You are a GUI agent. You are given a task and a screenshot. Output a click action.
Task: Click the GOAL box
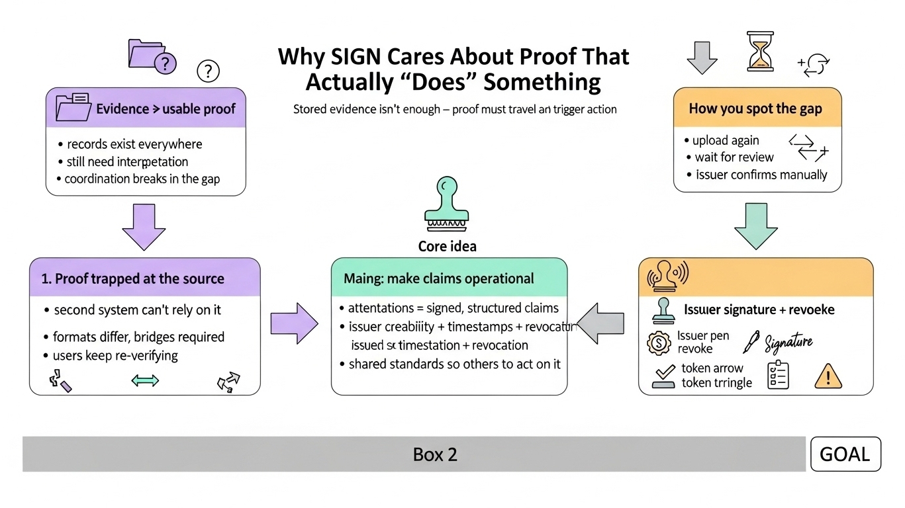point(845,454)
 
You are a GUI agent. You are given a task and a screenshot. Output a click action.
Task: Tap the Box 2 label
point(435,454)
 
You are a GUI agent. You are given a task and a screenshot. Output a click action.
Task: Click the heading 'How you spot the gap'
point(755,108)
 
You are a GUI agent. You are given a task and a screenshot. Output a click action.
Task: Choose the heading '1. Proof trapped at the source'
point(133,278)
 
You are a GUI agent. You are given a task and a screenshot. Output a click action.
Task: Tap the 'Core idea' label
point(448,247)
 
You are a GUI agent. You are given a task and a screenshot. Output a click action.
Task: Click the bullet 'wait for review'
point(734,157)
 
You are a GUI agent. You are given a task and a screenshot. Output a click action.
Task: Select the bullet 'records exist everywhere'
point(134,144)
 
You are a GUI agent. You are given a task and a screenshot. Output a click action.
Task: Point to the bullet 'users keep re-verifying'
point(116,355)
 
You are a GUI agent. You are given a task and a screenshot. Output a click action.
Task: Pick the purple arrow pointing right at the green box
point(294,323)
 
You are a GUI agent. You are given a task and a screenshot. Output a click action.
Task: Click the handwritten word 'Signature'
point(788,343)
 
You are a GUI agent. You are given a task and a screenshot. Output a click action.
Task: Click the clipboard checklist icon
point(778,376)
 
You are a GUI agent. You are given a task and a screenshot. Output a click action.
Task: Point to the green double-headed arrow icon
point(145,380)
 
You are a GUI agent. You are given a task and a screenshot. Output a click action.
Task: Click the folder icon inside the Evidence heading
point(74,107)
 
